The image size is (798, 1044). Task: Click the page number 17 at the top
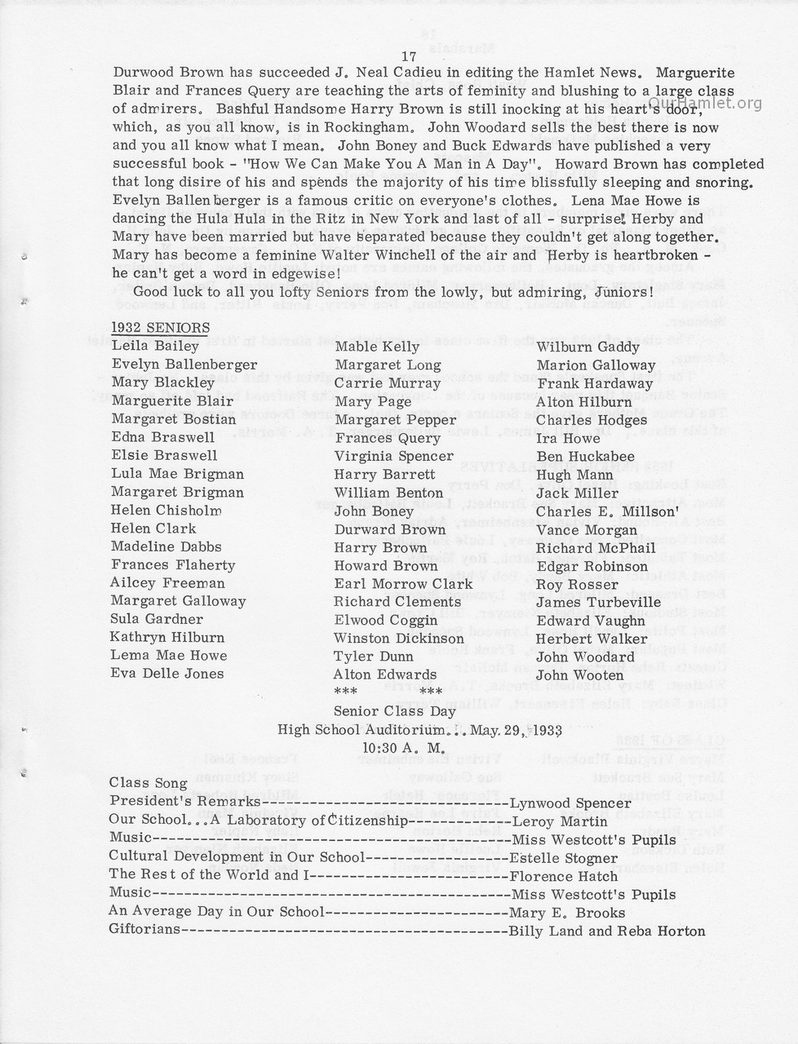pyautogui.click(x=410, y=55)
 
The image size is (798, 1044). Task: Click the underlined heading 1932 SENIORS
pyautogui.click(x=160, y=328)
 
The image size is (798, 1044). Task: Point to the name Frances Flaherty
pyautogui.click(x=173, y=565)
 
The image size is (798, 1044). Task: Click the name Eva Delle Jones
pyautogui.click(x=167, y=674)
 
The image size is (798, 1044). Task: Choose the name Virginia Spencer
pyautogui.click(x=393, y=456)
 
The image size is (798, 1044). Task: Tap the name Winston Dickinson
pyautogui.click(x=398, y=639)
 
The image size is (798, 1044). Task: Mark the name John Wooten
pyautogui.click(x=580, y=675)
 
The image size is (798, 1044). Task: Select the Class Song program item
pyautogui.click(x=149, y=783)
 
